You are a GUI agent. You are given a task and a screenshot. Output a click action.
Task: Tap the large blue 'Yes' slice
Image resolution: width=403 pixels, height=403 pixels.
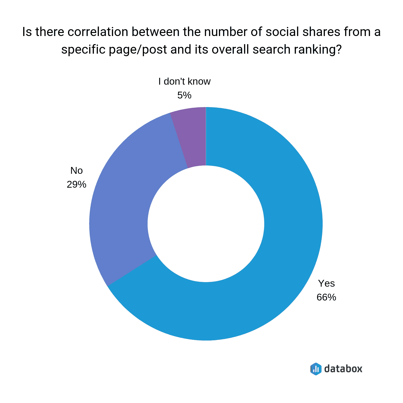(x=277, y=252)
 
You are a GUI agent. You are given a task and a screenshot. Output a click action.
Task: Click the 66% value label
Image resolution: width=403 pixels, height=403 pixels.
(x=326, y=297)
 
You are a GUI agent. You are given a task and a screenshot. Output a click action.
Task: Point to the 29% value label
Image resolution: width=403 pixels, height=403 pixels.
(x=76, y=185)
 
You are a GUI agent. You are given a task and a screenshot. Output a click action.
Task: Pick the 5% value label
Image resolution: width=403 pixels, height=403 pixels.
(x=184, y=95)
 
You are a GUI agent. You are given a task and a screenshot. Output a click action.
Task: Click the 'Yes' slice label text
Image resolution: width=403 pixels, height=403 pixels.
(x=326, y=284)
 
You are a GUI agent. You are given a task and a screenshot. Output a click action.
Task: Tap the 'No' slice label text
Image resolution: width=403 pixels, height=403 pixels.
(x=77, y=171)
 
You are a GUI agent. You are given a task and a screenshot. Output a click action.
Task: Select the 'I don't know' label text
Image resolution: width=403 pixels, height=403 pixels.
(x=184, y=82)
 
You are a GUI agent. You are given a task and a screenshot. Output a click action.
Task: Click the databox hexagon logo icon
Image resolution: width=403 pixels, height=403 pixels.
(x=316, y=369)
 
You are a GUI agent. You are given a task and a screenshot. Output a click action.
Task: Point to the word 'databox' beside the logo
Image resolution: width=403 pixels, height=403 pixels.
(x=343, y=369)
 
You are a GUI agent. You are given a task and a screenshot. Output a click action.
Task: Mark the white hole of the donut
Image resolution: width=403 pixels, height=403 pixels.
(x=206, y=224)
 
